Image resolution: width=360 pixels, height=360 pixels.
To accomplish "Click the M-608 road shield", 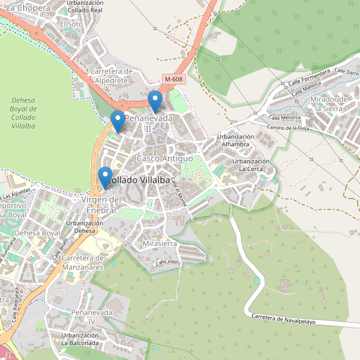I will tap(173, 79).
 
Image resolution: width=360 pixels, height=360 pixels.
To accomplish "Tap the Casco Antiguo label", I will tap(165, 158).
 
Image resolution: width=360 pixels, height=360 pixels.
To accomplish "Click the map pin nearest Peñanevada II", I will tap(118, 121).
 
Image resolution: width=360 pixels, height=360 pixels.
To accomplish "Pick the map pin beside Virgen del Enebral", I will tap(106, 178).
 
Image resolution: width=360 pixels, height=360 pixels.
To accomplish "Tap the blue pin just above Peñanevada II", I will tap(155, 101).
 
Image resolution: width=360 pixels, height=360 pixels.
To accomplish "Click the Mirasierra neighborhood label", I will tap(160, 244).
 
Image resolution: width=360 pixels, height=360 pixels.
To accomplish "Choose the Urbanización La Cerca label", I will tap(251, 166).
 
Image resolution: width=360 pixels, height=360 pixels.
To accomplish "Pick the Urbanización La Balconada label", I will tap(79, 338).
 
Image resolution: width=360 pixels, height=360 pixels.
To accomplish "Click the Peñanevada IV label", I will tap(92, 317).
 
